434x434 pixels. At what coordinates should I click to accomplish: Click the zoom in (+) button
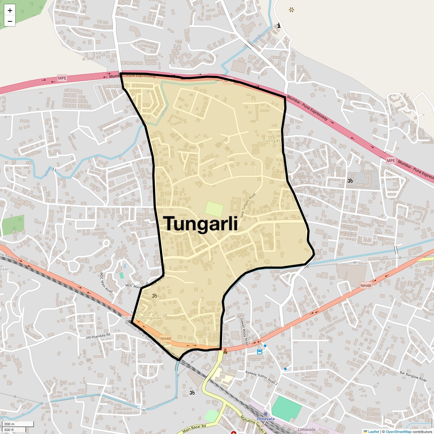[x=10, y=10]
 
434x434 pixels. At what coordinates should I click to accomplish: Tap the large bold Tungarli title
[x=202, y=224]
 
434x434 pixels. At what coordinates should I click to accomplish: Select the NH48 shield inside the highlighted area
[x=166, y=339]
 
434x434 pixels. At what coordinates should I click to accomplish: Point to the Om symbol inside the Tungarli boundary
[x=154, y=295]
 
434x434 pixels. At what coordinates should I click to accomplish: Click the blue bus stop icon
[x=260, y=352]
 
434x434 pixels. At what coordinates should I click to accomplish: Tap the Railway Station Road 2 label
[x=261, y=377]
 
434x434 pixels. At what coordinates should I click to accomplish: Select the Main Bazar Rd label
[x=194, y=429]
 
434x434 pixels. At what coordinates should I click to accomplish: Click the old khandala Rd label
[x=98, y=336]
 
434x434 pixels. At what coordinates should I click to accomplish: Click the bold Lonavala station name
[x=265, y=419]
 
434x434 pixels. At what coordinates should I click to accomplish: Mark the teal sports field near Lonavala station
[x=286, y=408]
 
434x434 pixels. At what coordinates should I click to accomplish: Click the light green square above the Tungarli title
[x=214, y=209]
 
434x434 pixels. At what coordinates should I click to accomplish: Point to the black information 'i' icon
[x=278, y=26]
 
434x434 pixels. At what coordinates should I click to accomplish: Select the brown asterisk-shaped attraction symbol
[x=292, y=10]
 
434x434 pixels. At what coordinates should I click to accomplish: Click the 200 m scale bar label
[x=10, y=424]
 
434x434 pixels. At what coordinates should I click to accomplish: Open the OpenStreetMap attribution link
[x=398, y=431]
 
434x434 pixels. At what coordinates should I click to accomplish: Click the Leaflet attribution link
[x=373, y=431]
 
